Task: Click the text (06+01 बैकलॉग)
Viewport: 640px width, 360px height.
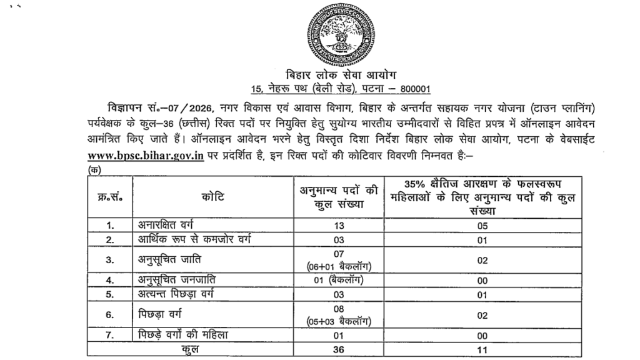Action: tap(340, 266)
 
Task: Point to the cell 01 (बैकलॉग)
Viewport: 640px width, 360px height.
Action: tap(339, 279)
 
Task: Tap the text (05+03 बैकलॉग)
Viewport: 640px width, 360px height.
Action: tap(340, 321)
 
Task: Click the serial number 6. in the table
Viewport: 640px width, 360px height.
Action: tap(110, 315)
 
